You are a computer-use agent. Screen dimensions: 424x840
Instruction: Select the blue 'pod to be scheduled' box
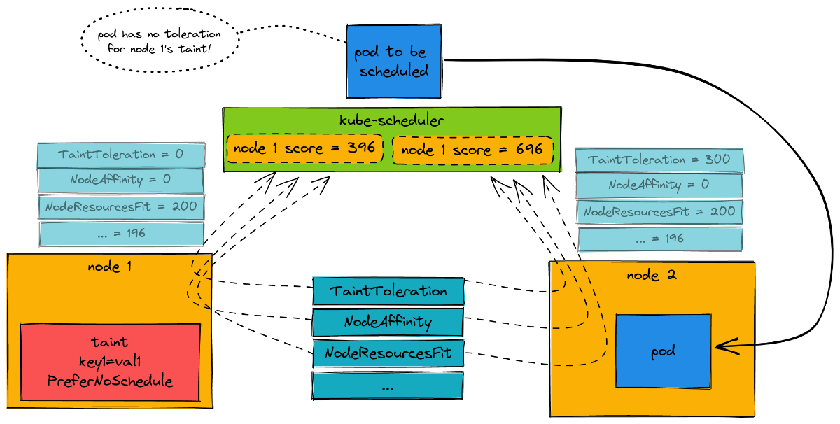coord(394,62)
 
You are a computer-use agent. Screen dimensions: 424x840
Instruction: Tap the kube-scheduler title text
coord(391,120)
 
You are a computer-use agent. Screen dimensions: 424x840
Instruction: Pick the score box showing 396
coord(304,148)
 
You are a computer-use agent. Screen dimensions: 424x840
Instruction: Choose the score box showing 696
coord(472,150)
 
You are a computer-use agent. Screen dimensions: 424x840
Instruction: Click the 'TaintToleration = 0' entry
coord(120,155)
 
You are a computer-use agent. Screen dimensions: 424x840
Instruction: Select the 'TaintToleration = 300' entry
coord(659,160)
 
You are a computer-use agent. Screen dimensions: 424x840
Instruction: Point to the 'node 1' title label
coord(110,267)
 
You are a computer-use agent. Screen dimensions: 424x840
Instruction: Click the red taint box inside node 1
coord(111,362)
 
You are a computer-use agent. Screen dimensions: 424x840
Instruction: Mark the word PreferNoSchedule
coord(111,381)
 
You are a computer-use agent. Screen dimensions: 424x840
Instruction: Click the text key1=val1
coord(111,362)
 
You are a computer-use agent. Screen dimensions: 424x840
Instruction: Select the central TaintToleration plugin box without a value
coord(388,290)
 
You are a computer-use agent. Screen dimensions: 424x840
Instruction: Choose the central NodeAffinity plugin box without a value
coord(388,322)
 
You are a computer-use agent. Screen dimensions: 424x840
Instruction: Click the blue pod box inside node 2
coord(663,351)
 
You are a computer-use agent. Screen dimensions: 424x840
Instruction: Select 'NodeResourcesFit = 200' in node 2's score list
coord(659,211)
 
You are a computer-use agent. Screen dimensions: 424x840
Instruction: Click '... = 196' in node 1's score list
coord(121,233)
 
